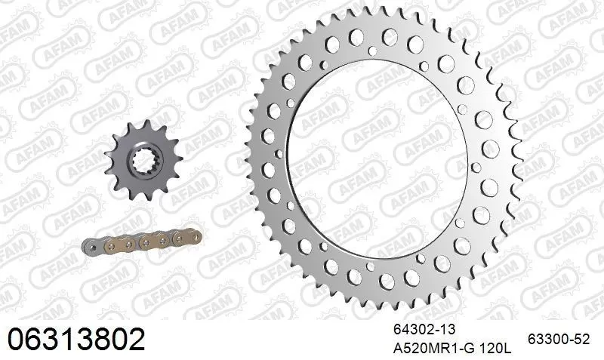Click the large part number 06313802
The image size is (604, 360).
coord(75,339)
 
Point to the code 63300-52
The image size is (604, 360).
coord(560,340)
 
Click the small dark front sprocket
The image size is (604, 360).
coord(143,158)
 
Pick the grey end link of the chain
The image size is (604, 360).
coord(90,248)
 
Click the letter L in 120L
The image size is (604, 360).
coord(507,348)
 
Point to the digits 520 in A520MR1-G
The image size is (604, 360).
coord(414,348)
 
